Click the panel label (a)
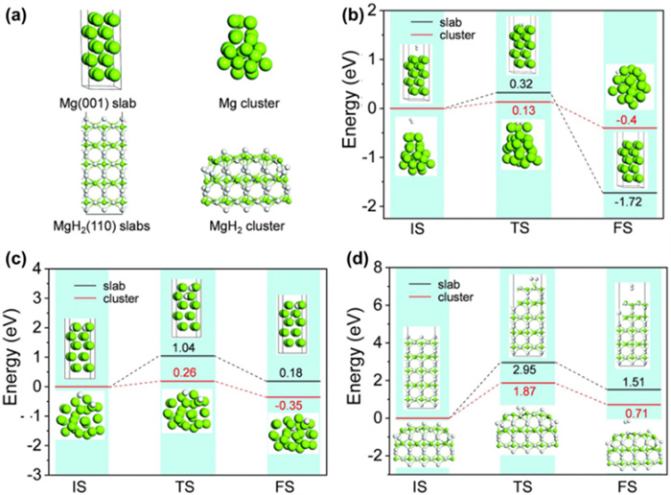click(x=19, y=13)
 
